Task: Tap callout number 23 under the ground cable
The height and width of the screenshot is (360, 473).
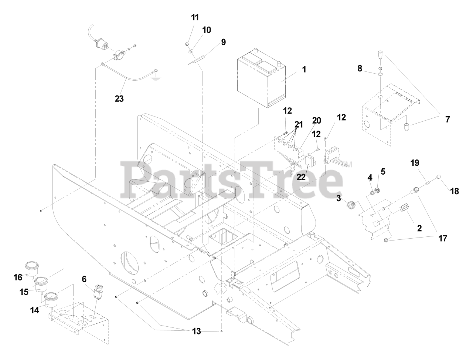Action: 119,99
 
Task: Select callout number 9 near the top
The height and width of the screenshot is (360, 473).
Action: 223,42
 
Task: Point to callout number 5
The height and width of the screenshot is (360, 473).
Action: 383,171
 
